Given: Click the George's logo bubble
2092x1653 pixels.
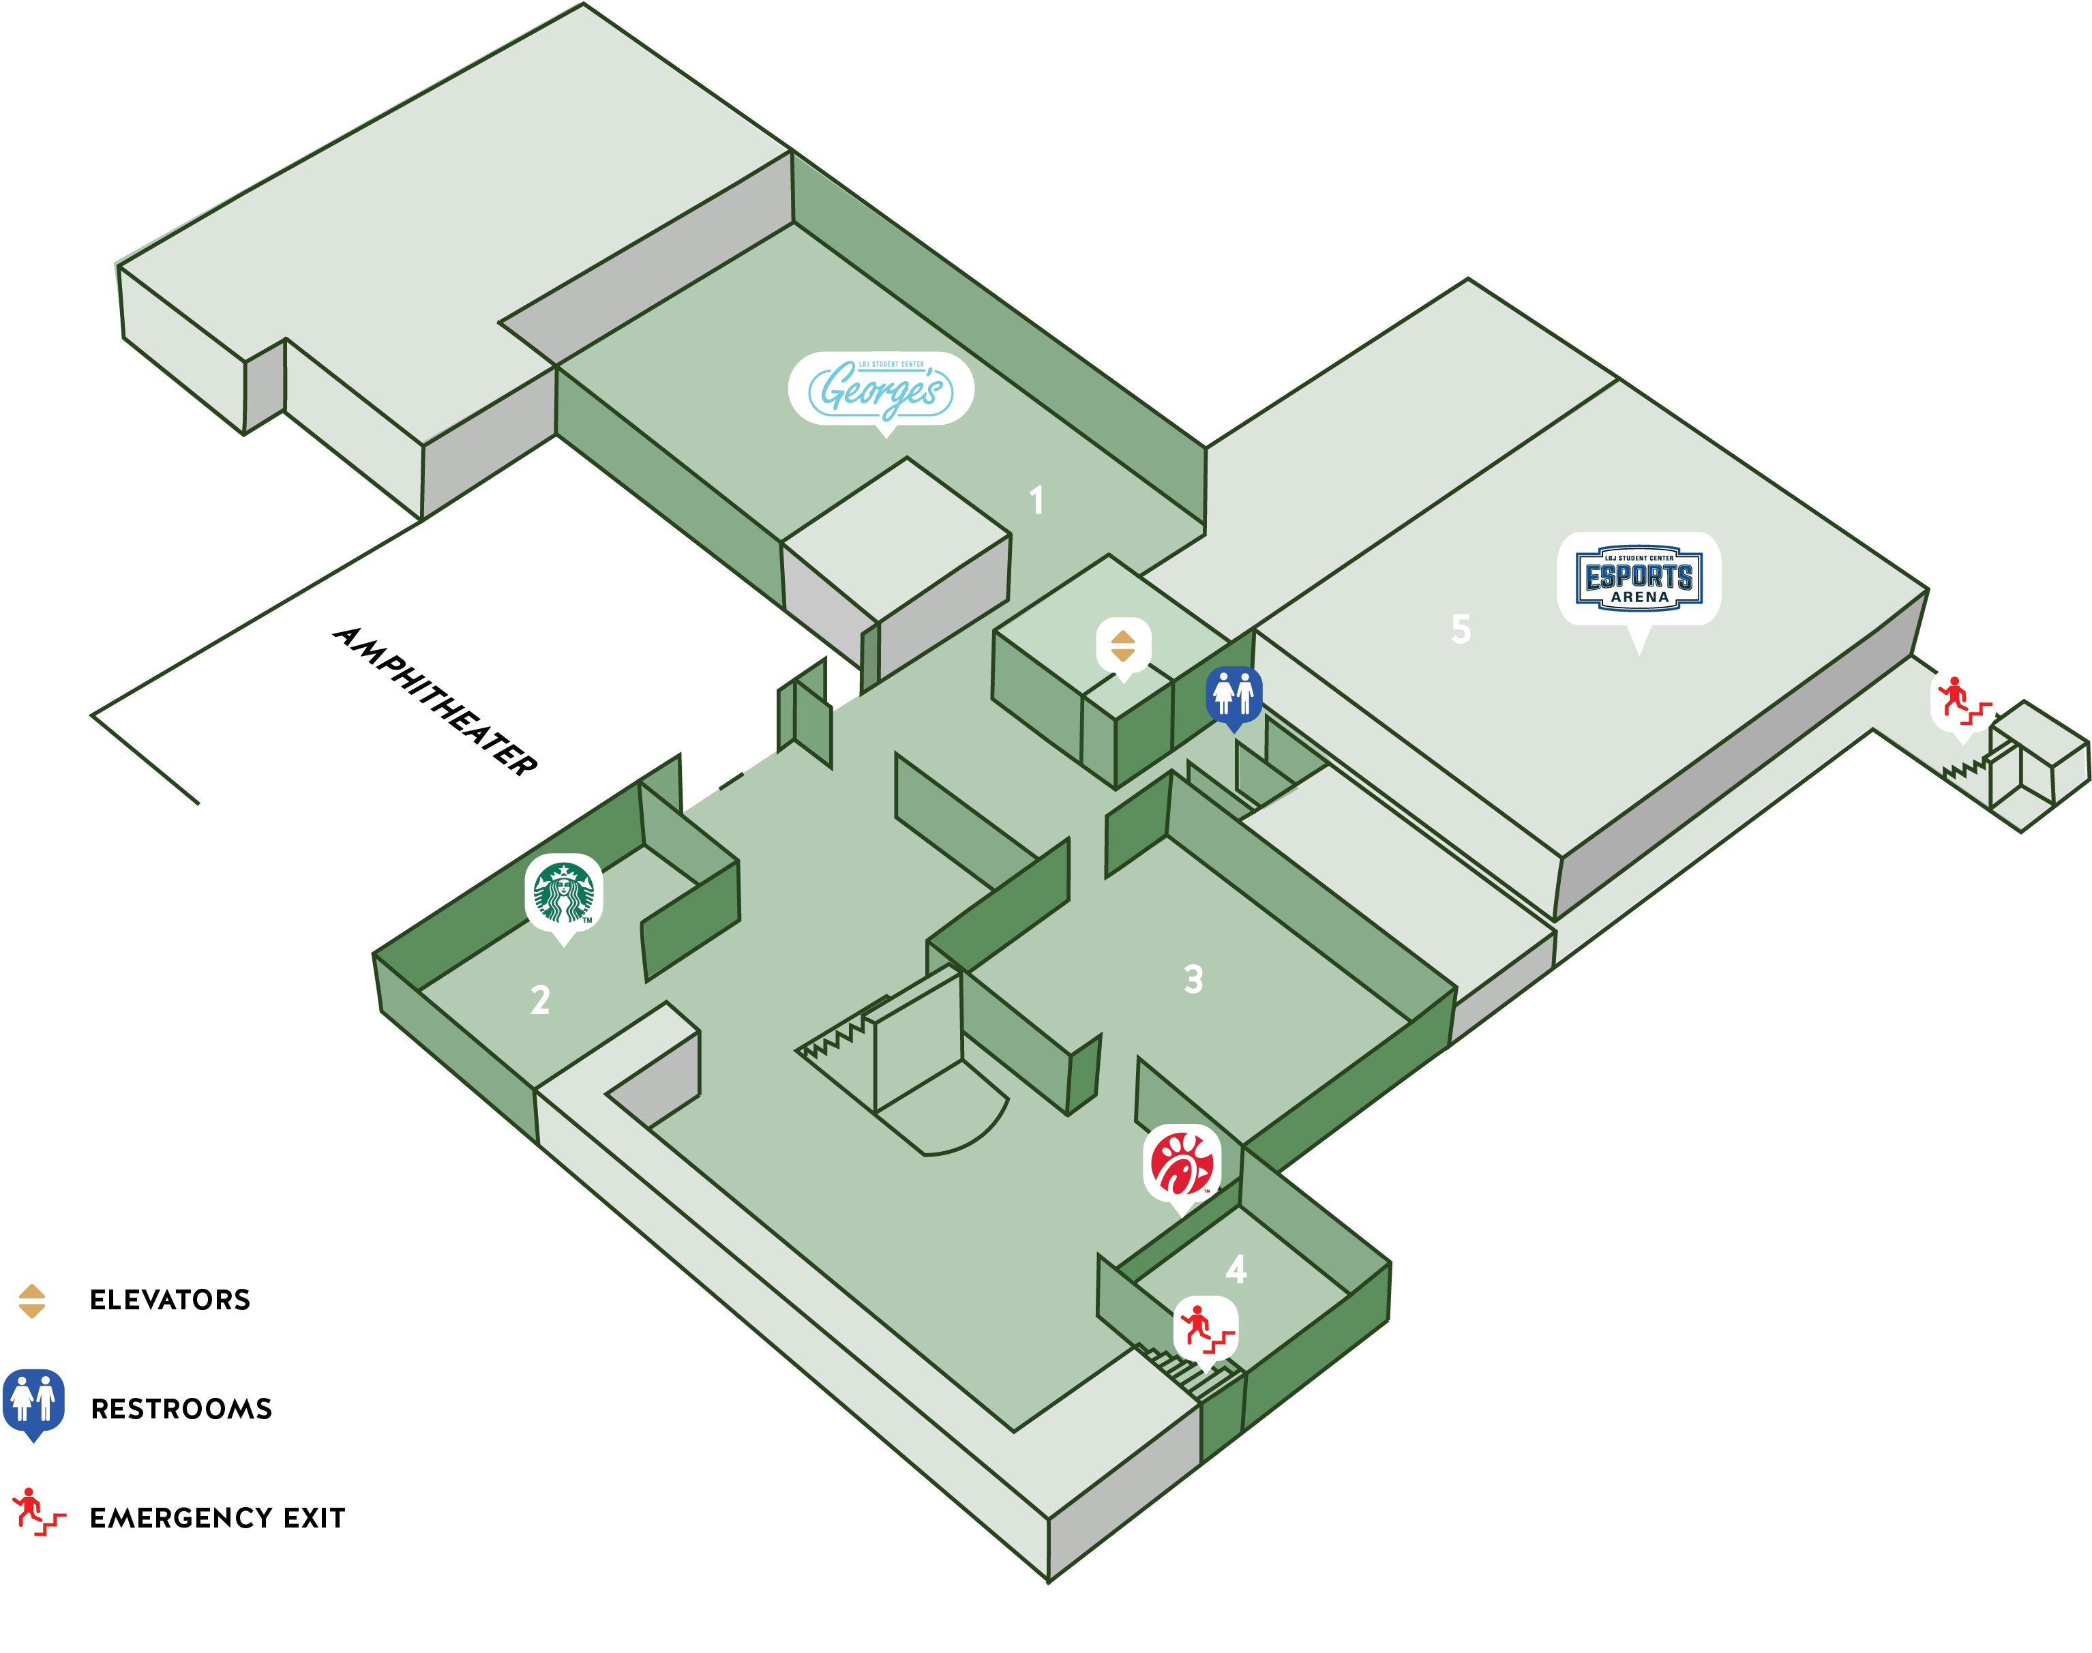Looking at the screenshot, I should click(x=880, y=389).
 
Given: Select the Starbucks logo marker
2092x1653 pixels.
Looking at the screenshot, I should click(x=564, y=893).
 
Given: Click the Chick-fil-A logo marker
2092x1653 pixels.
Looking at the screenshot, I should click(x=1182, y=1164).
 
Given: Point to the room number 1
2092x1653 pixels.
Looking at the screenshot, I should click(x=1036, y=501).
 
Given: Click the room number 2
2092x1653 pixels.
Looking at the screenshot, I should click(x=540, y=1000).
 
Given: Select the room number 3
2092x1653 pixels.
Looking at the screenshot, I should click(x=1193, y=979).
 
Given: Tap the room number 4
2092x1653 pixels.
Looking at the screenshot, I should click(x=1236, y=1269).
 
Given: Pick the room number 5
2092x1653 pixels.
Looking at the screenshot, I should click(x=1460, y=629).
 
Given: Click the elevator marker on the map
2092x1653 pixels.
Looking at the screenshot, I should click(x=1122, y=646).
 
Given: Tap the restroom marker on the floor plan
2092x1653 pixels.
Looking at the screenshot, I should click(x=1234, y=694).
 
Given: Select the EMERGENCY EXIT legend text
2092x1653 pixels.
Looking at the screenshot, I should click(x=217, y=1517).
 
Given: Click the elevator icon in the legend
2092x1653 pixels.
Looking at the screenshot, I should click(x=32, y=1300).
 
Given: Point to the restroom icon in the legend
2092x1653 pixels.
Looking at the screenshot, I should click(x=34, y=1402).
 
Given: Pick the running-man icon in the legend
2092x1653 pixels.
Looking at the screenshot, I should click(x=37, y=1512).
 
